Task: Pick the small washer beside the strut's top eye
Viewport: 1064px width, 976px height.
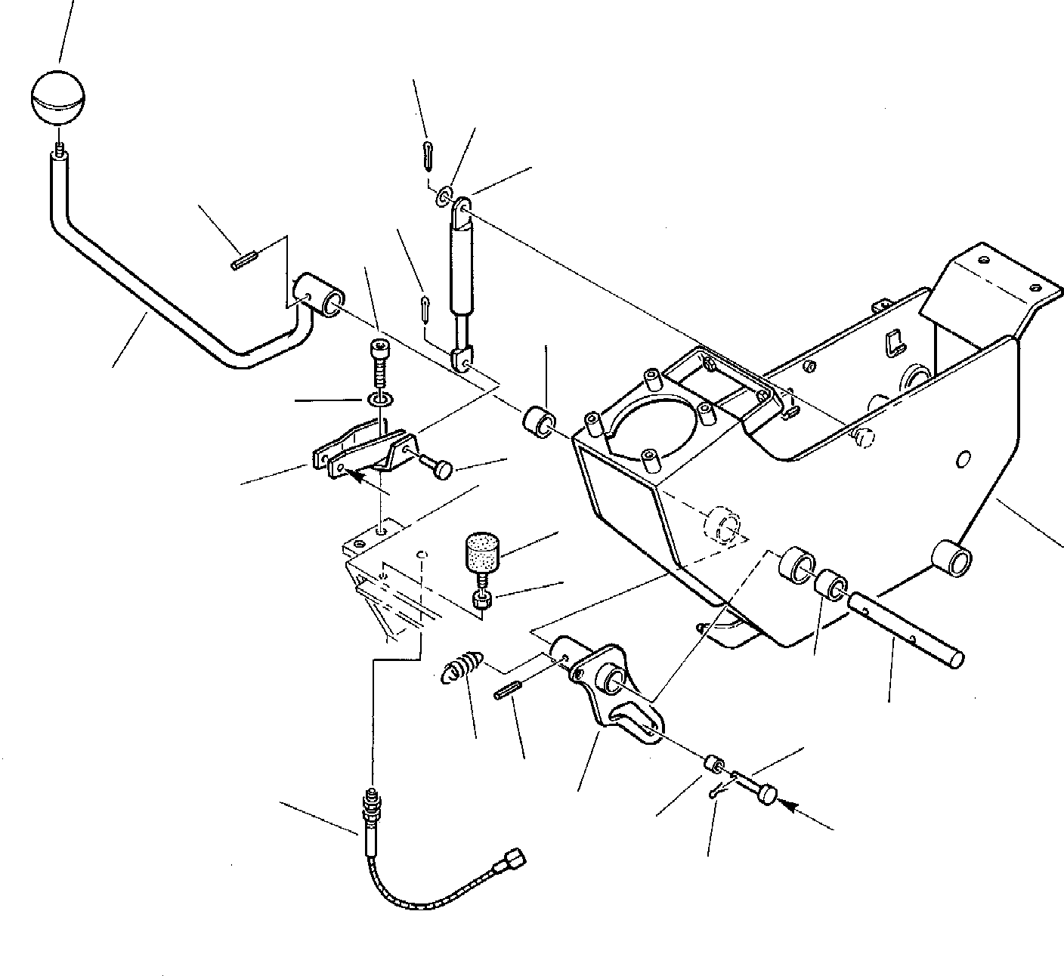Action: (444, 197)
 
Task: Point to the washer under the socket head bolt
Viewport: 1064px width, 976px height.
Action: (379, 399)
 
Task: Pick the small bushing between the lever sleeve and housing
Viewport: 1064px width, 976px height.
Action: (539, 422)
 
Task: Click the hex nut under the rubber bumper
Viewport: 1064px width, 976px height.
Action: (482, 600)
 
